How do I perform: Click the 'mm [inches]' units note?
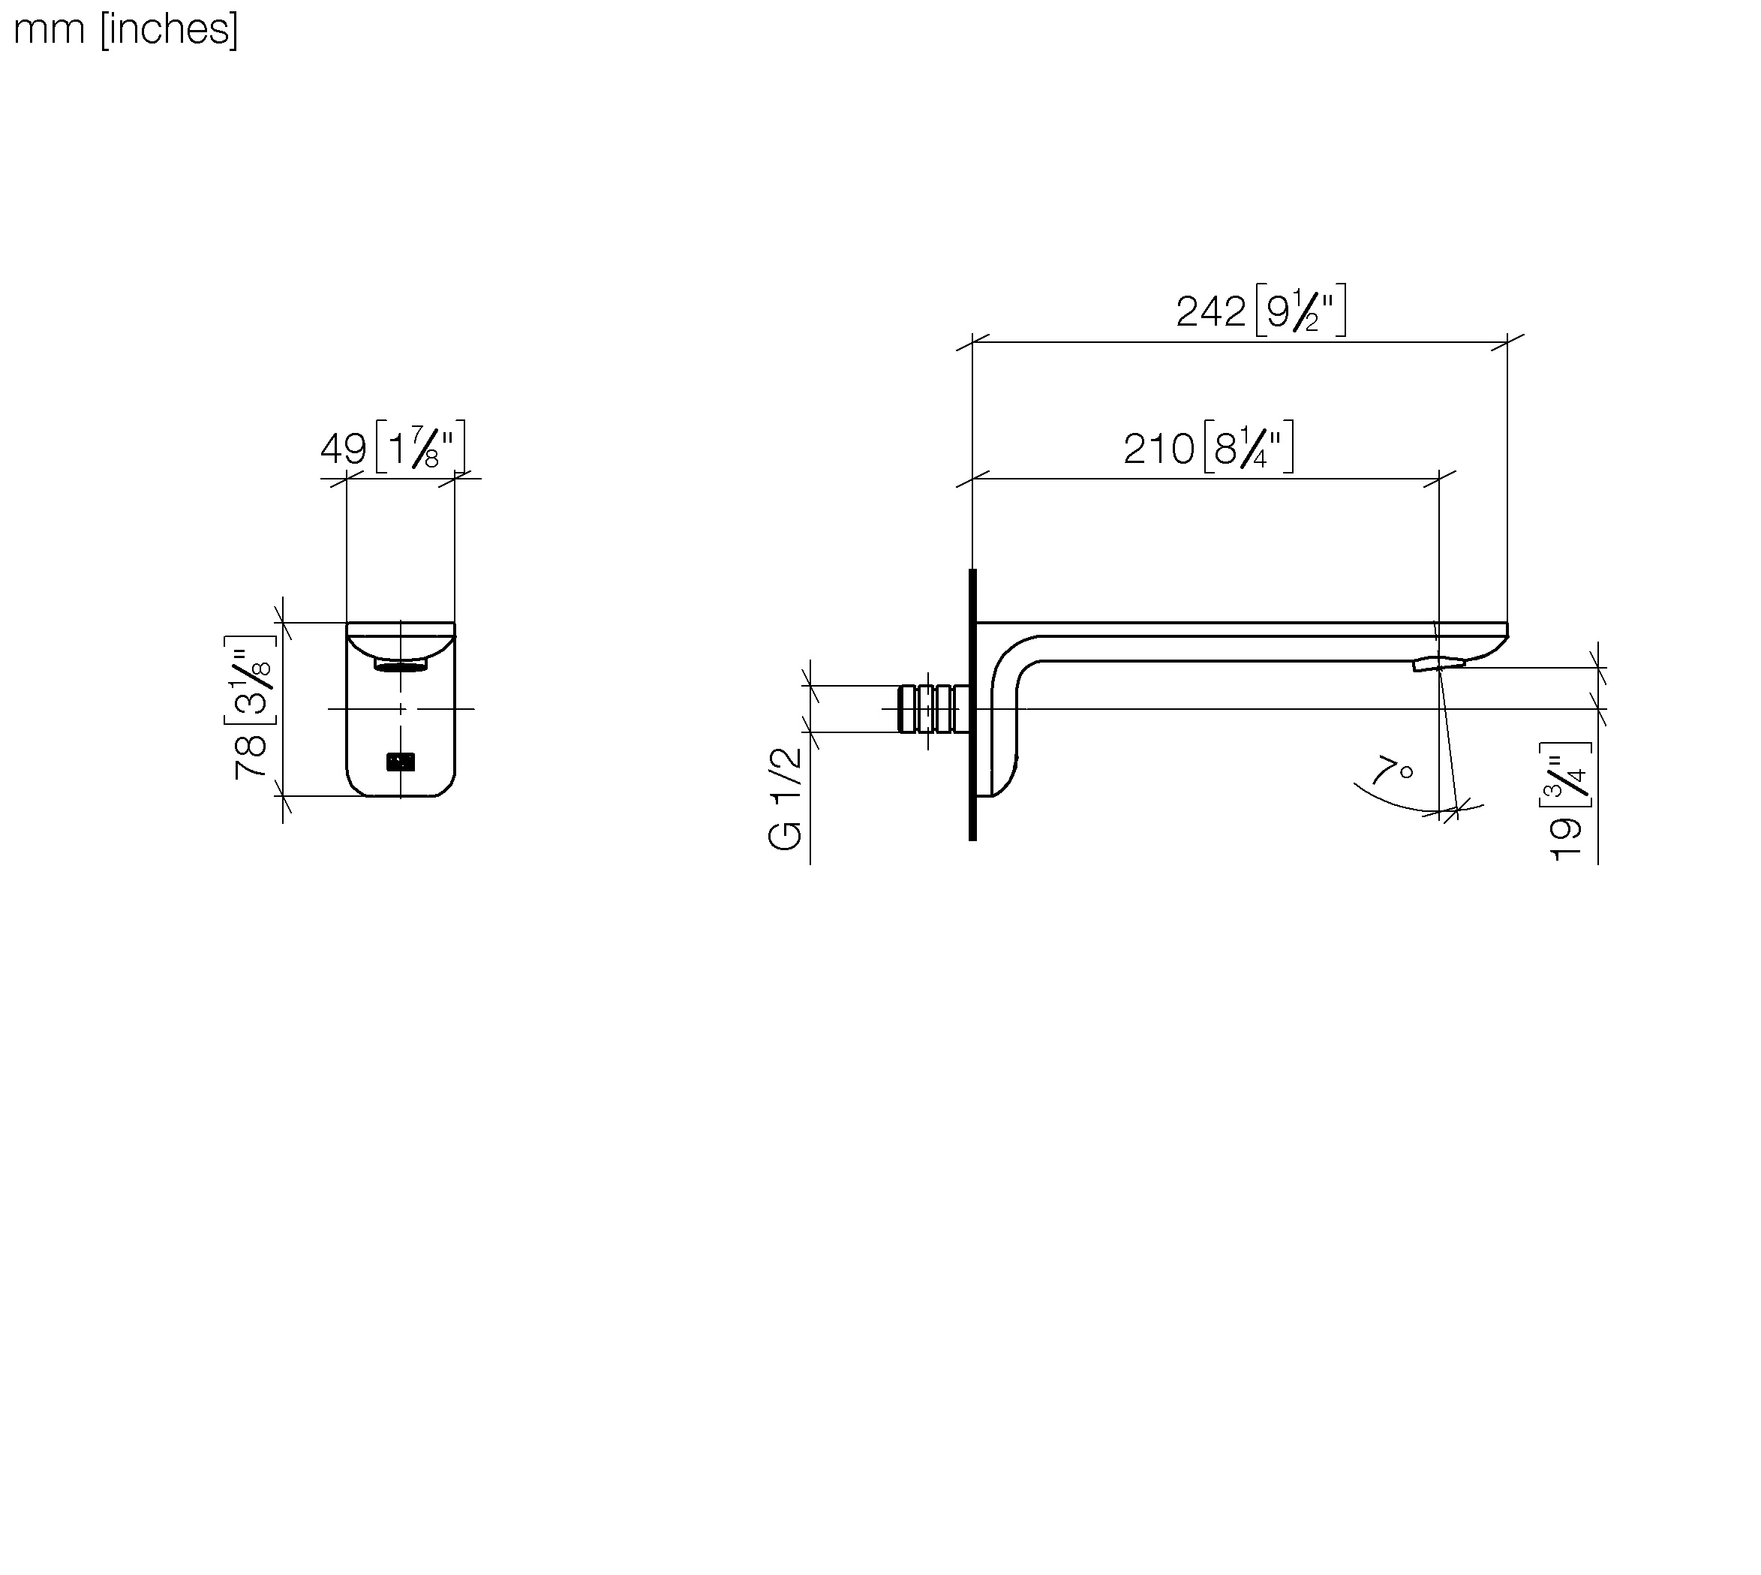click(126, 29)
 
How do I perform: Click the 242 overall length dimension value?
click(1210, 311)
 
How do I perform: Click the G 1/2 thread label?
click(786, 800)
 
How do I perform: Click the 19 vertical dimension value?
click(1567, 840)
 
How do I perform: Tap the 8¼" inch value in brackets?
click(1248, 447)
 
